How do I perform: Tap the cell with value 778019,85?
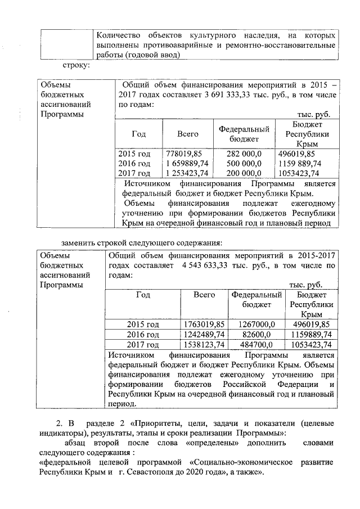pyautogui.click(x=184, y=153)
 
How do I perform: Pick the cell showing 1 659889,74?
pyautogui.click(x=188, y=163)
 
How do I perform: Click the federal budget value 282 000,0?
pyautogui.click(x=244, y=153)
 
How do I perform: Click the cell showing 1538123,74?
pyautogui.click(x=205, y=344)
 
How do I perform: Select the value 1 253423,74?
pyautogui.click(x=188, y=173)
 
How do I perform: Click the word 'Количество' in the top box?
pyautogui.click(x=120, y=34)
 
